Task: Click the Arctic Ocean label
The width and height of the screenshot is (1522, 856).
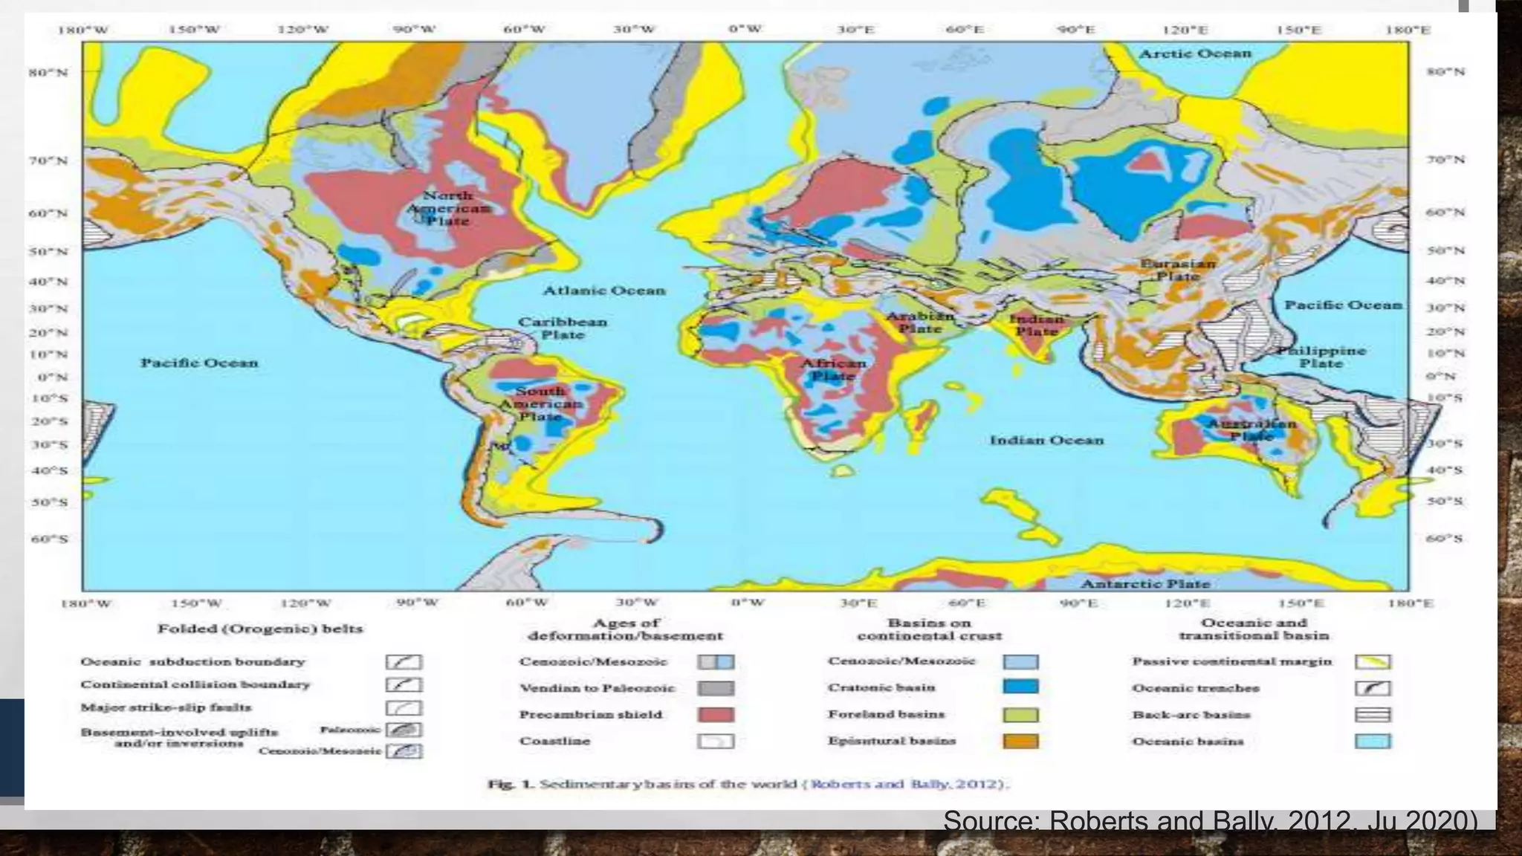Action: [1195, 53]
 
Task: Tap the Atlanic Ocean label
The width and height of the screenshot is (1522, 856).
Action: [603, 291]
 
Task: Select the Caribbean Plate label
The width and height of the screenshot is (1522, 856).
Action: [563, 328]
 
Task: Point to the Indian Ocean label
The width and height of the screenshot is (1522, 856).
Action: [1046, 440]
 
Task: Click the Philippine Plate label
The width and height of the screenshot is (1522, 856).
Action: [1321, 357]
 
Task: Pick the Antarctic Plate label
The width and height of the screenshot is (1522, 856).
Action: [1145, 583]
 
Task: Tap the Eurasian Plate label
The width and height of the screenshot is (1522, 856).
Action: [1178, 270]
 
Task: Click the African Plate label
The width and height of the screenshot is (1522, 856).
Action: [833, 369]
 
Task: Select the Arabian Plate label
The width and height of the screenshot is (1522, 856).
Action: [920, 322]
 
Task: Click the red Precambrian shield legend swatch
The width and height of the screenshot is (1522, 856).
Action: [716, 715]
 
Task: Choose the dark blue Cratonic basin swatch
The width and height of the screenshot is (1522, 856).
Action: [1020, 687]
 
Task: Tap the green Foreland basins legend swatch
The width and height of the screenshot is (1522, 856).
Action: [1020, 715]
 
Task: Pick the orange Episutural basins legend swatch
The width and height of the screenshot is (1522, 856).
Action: [1020, 741]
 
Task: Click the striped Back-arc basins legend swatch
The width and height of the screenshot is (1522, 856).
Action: [1373, 715]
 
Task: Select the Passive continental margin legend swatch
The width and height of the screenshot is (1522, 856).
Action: [1373, 661]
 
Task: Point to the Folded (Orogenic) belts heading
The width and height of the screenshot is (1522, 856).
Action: [260, 629]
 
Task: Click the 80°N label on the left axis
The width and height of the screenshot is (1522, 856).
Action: [48, 73]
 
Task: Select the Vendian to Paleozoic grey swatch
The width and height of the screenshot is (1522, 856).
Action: [716, 688]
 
